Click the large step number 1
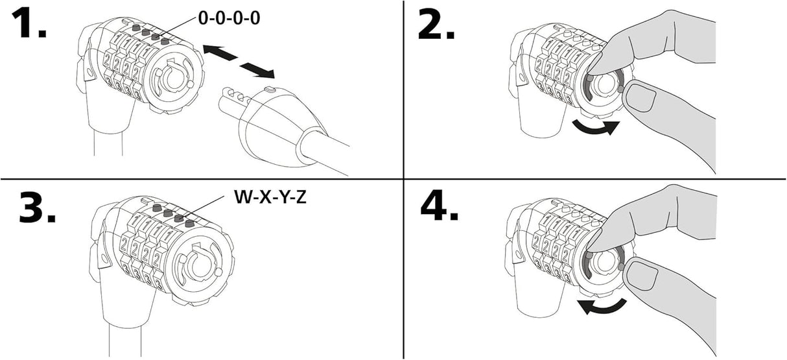pos(29,23)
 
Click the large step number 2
pos(436,24)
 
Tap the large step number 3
pos(37,207)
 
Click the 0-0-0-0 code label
pos(229,18)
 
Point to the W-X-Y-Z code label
pos(270,197)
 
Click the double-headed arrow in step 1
pos(239,61)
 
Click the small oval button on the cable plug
pos(270,90)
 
